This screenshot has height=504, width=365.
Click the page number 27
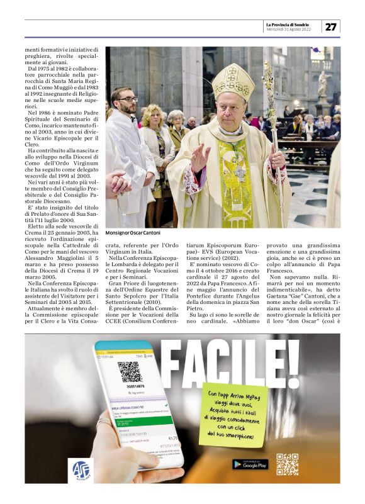330,26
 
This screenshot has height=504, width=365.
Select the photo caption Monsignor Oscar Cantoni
133,233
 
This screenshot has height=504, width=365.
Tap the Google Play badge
250,464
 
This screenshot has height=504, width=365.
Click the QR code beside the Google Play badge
287,464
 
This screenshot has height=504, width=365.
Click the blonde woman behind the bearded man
154,123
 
